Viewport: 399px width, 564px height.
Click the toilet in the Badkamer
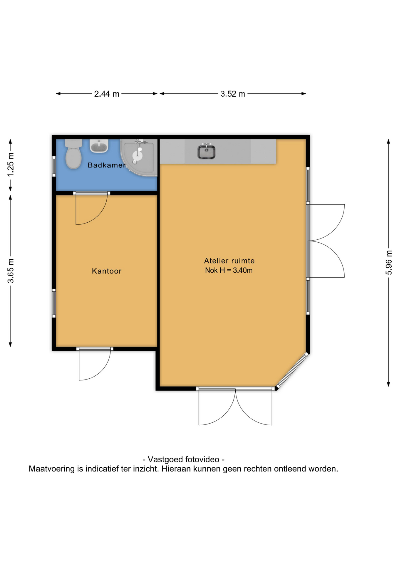[73, 154]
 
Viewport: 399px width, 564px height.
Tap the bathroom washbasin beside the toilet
[99, 146]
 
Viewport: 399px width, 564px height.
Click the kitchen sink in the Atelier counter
[206, 151]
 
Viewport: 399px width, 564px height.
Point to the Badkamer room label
[107, 165]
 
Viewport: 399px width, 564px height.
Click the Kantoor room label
[107, 271]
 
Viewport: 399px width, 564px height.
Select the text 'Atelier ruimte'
[229, 261]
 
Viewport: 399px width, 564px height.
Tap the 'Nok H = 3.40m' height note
[229, 270]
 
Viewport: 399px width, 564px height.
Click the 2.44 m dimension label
[107, 94]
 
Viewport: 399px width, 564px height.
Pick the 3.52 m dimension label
[233, 94]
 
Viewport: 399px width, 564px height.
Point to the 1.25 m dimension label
[11, 165]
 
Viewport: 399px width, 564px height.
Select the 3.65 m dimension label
[11, 271]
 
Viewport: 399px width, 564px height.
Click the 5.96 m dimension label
[389, 263]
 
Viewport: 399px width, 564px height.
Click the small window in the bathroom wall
[54, 166]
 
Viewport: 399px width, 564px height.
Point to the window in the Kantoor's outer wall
[54, 303]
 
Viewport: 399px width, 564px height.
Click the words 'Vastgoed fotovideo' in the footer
[184, 459]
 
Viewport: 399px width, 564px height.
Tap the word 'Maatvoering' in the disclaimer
[52, 469]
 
